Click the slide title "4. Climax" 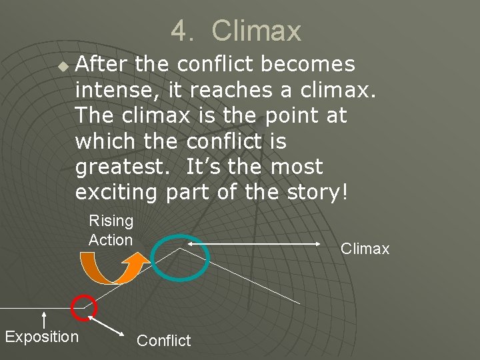(x=236, y=31)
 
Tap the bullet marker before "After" (x=63, y=67)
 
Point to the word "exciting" (x=116, y=193)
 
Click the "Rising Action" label (x=111, y=230)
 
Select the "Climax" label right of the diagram (x=365, y=249)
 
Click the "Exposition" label (x=41, y=337)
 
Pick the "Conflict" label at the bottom (x=163, y=341)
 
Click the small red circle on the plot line (x=85, y=307)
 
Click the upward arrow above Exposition (x=43, y=318)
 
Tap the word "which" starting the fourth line (x=101, y=141)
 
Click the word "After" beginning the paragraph (x=103, y=64)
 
